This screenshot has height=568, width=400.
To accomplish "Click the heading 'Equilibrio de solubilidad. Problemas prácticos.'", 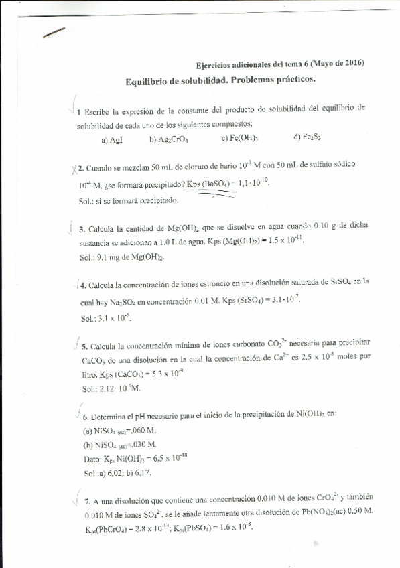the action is click(220, 80).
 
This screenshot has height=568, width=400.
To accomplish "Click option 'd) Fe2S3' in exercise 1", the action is click(308, 138).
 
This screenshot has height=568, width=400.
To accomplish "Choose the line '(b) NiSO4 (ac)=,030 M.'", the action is click(119, 444).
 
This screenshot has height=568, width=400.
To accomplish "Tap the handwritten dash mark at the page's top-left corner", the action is click(54, 33).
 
